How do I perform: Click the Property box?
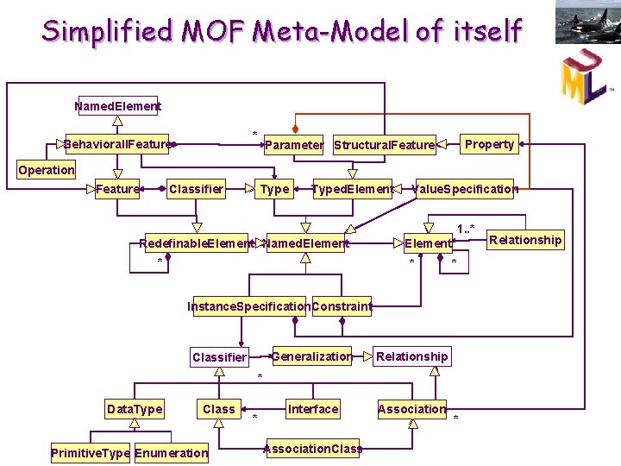(489, 144)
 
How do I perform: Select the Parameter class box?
(293, 145)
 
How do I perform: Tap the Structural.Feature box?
(384, 145)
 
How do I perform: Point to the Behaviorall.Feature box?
(117, 144)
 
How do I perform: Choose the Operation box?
(47, 170)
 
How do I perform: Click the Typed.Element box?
(353, 189)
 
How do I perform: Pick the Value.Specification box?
(466, 189)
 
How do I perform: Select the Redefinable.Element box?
(198, 243)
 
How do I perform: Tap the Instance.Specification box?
(249, 306)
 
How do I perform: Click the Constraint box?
(342, 306)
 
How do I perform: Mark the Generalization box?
(311, 356)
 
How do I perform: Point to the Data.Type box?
(134, 409)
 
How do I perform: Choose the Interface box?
(313, 409)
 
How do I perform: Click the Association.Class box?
(310, 449)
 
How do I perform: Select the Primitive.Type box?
(91, 453)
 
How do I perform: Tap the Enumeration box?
(172, 453)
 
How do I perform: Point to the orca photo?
(587, 22)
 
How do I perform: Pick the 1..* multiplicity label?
(465, 229)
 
